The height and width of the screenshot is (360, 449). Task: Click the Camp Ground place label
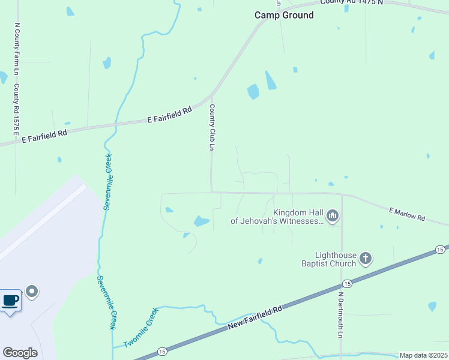click(x=284, y=15)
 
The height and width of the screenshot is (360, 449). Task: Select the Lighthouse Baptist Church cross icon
click(x=365, y=259)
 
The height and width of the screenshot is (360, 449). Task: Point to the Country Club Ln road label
click(x=212, y=127)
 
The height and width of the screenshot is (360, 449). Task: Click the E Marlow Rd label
click(x=406, y=214)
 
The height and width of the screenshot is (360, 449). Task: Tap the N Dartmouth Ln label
click(x=340, y=316)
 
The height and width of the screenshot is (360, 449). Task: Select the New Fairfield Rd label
click(x=255, y=318)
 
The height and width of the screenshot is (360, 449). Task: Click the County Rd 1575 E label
click(x=17, y=109)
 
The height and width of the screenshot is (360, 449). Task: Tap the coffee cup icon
click(x=11, y=300)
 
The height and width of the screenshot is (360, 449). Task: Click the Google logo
click(x=20, y=353)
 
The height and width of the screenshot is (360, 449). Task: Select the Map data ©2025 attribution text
click(x=423, y=355)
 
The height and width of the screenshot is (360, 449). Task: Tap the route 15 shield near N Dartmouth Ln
click(x=346, y=283)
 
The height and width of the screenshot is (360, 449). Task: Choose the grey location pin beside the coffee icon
click(x=32, y=292)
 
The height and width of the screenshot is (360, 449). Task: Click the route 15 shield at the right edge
click(x=440, y=249)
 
